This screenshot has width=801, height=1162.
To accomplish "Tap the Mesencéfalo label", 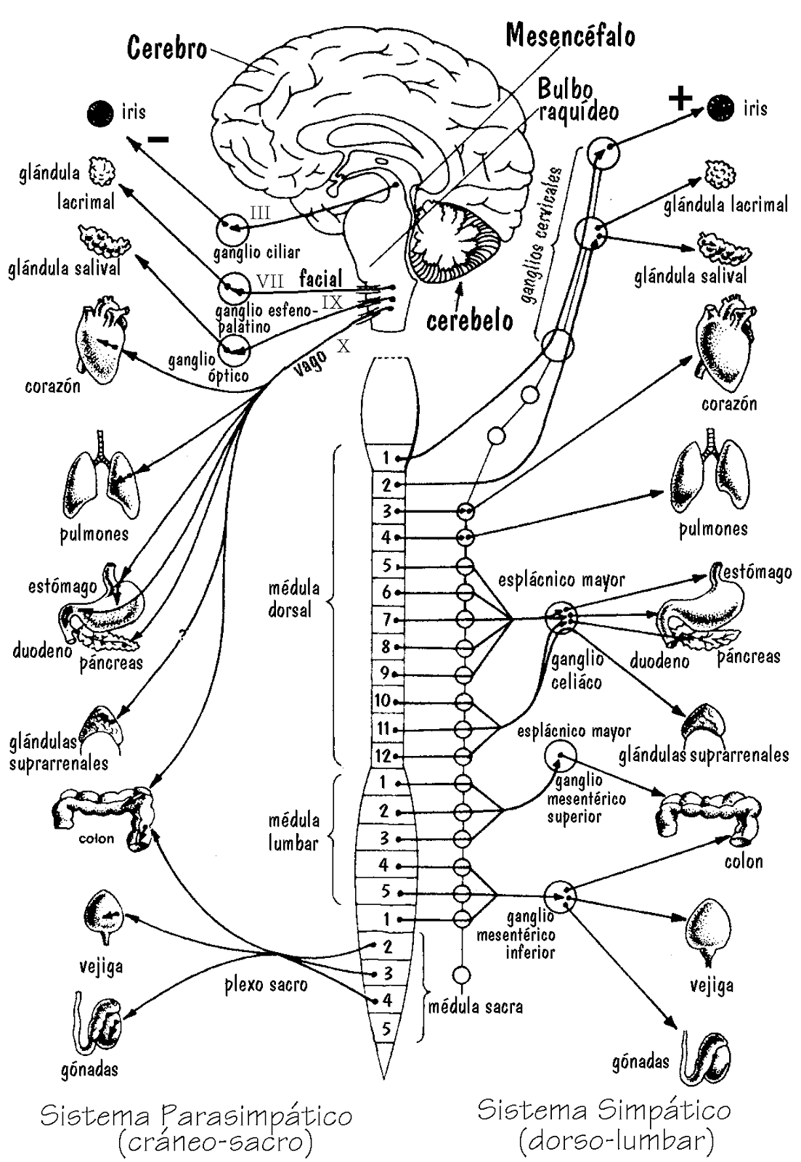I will click(570, 35).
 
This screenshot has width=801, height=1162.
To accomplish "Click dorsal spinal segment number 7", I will click(387, 619).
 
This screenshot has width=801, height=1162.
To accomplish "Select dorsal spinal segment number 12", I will click(383, 756).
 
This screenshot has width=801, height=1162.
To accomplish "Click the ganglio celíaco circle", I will click(561, 617).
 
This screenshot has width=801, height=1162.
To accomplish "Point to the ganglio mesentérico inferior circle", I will click(560, 895).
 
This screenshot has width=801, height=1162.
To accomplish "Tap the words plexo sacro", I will click(265, 985).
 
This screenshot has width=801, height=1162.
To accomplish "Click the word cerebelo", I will click(469, 320).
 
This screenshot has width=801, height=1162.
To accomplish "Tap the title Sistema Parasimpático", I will click(196, 1116).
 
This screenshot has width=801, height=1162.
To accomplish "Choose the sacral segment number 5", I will click(386, 1028).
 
